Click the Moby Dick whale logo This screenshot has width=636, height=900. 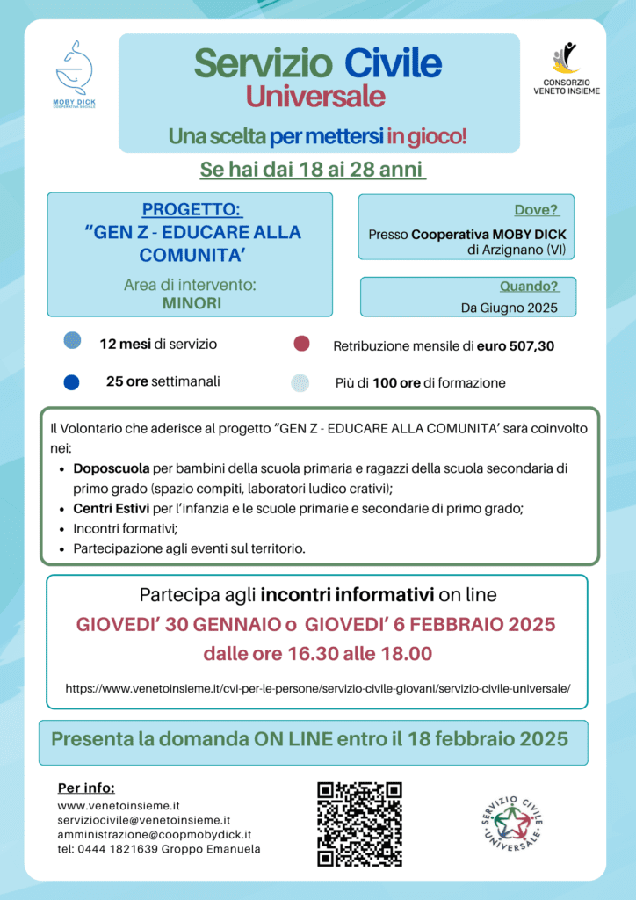pyautogui.click(x=75, y=69)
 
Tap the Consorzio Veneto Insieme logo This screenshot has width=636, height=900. pyautogui.click(x=567, y=62)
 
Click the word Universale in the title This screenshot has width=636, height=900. pyautogui.click(x=315, y=96)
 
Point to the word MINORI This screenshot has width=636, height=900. pyautogui.click(x=192, y=303)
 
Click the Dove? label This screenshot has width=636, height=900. pyautogui.click(x=537, y=210)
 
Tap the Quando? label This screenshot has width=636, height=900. pyautogui.click(x=529, y=287)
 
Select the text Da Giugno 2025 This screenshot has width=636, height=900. pyautogui.click(x=509, y=308)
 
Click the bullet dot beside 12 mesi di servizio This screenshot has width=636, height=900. pyautogui.click(x=72, y=341)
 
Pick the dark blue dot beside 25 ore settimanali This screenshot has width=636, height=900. pyautogui.click(x=72, y=382)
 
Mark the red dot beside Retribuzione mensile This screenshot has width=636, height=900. pyautogui.click(x=301, y=343)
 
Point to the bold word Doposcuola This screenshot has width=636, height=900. pyautogui.click(x=112, y=468)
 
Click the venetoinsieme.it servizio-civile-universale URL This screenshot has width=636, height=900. pyautogui.click(x=317, y=688)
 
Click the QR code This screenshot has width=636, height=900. pyautogui.click(x=359, y=824)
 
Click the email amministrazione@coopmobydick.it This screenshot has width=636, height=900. pyautogui.click(x=155, y=833)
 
